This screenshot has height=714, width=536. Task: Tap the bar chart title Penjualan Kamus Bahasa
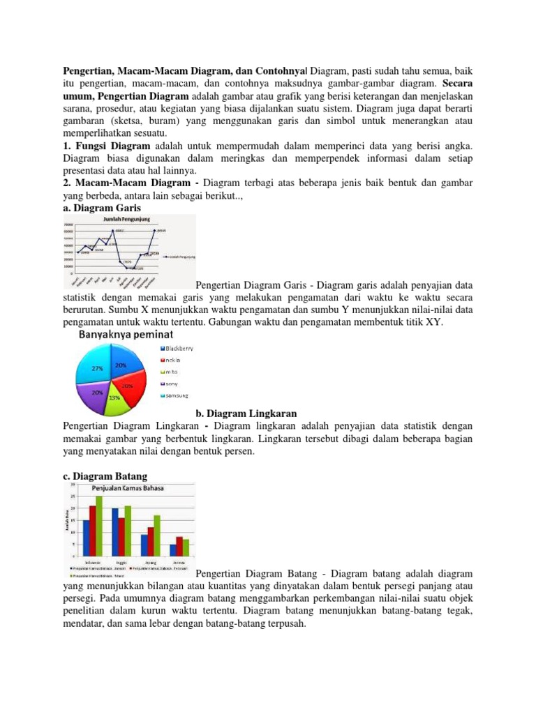coord(130,488)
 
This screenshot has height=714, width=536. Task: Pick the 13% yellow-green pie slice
coord(114,397)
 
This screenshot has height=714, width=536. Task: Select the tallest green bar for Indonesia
coord(99,526)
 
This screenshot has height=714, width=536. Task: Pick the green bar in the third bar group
coord(157,535)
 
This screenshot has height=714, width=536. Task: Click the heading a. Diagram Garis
coord(101,208)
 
